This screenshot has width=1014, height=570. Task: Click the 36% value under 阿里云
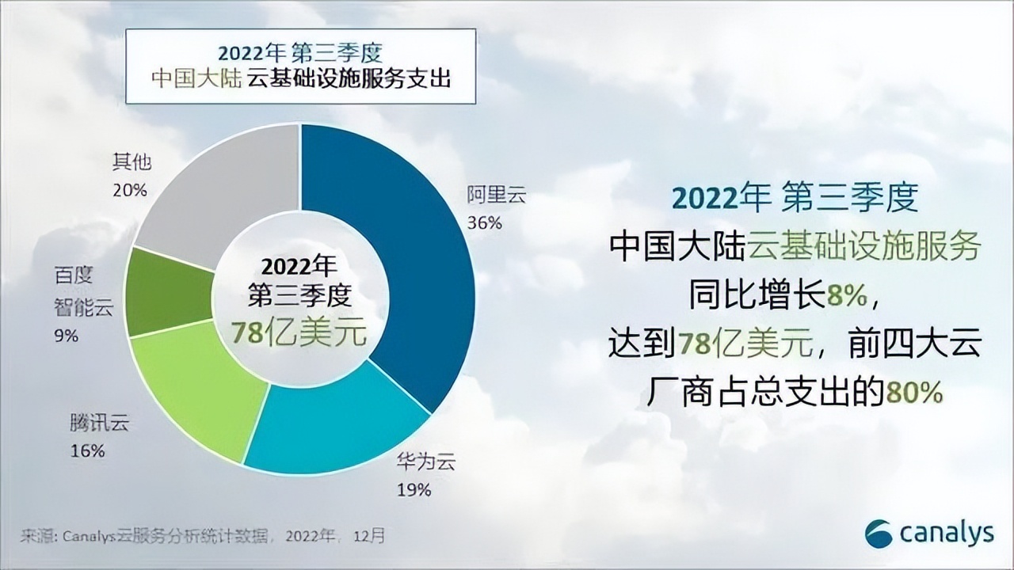point(484,222)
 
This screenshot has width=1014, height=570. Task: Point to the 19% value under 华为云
point(413,490)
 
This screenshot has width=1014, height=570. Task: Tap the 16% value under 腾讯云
point(87,451)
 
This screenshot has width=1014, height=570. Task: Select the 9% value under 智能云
point(66,336)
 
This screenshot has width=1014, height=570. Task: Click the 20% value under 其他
point(131,190)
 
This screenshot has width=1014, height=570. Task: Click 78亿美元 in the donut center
point(299,332)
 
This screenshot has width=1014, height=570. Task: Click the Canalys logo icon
point(879,533)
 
